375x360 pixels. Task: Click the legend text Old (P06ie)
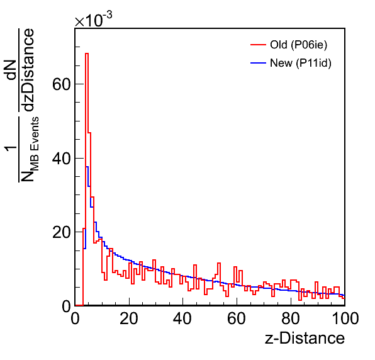tap(298, 45)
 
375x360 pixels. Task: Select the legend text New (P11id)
tap(301, 63)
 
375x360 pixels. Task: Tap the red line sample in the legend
tap(259, 45)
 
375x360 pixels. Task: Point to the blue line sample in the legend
tap(259, 63)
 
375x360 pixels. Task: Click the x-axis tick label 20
tap(129, 318)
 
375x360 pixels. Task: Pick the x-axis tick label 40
tap(182, 318)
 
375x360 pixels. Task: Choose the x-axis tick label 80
tap(290, 318)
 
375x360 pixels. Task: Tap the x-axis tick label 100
tap(345, 318)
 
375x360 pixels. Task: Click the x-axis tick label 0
tap(75, 318)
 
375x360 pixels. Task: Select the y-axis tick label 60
tap(62, 84)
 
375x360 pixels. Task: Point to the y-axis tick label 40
tap(62, 158)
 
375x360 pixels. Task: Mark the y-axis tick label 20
tap(62, 232)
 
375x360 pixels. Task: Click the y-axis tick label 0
tap(66, 306)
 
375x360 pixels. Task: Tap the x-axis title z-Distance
tap(305, 338)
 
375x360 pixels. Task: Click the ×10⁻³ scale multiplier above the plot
tap(93, 20)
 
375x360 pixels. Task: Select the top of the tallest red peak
tap(87, 53)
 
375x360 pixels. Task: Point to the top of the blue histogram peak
tap(87, 167)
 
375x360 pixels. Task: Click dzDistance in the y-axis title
tap(29, 70)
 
